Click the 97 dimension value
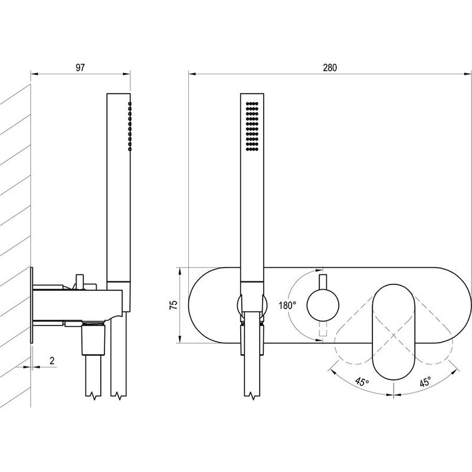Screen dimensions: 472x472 [80, 67]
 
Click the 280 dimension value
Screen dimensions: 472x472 [330, 67]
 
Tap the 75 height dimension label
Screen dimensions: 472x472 [173, 305]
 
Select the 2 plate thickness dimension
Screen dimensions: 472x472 [52, 360]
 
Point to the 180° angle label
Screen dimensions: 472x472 [287, 306]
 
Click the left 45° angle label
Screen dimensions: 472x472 [362, 382]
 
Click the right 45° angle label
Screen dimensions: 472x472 [425, 382]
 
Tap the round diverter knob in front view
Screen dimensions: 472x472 [323, 305]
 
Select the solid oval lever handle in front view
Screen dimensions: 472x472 [394, 332]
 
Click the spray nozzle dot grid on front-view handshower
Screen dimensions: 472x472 [253, 126]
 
